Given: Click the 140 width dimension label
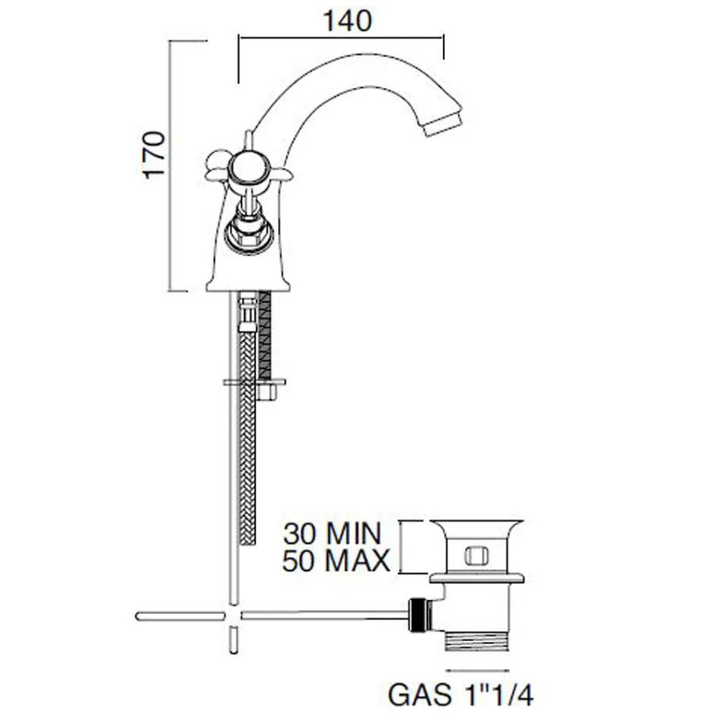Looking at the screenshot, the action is pyautogui.click(x=347, y=21).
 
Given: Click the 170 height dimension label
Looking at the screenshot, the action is pyautogui.click(x=154, y=155).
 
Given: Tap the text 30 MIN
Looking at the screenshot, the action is pyautogui.click(x=332, y=533).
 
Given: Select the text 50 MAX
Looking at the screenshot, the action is pyautogui.click(x=336, y=560).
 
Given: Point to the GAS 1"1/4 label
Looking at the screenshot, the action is pyautogui.click(x=461, y=695).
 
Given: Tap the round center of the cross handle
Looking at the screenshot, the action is pyautogui.click(x=247, y=171).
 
